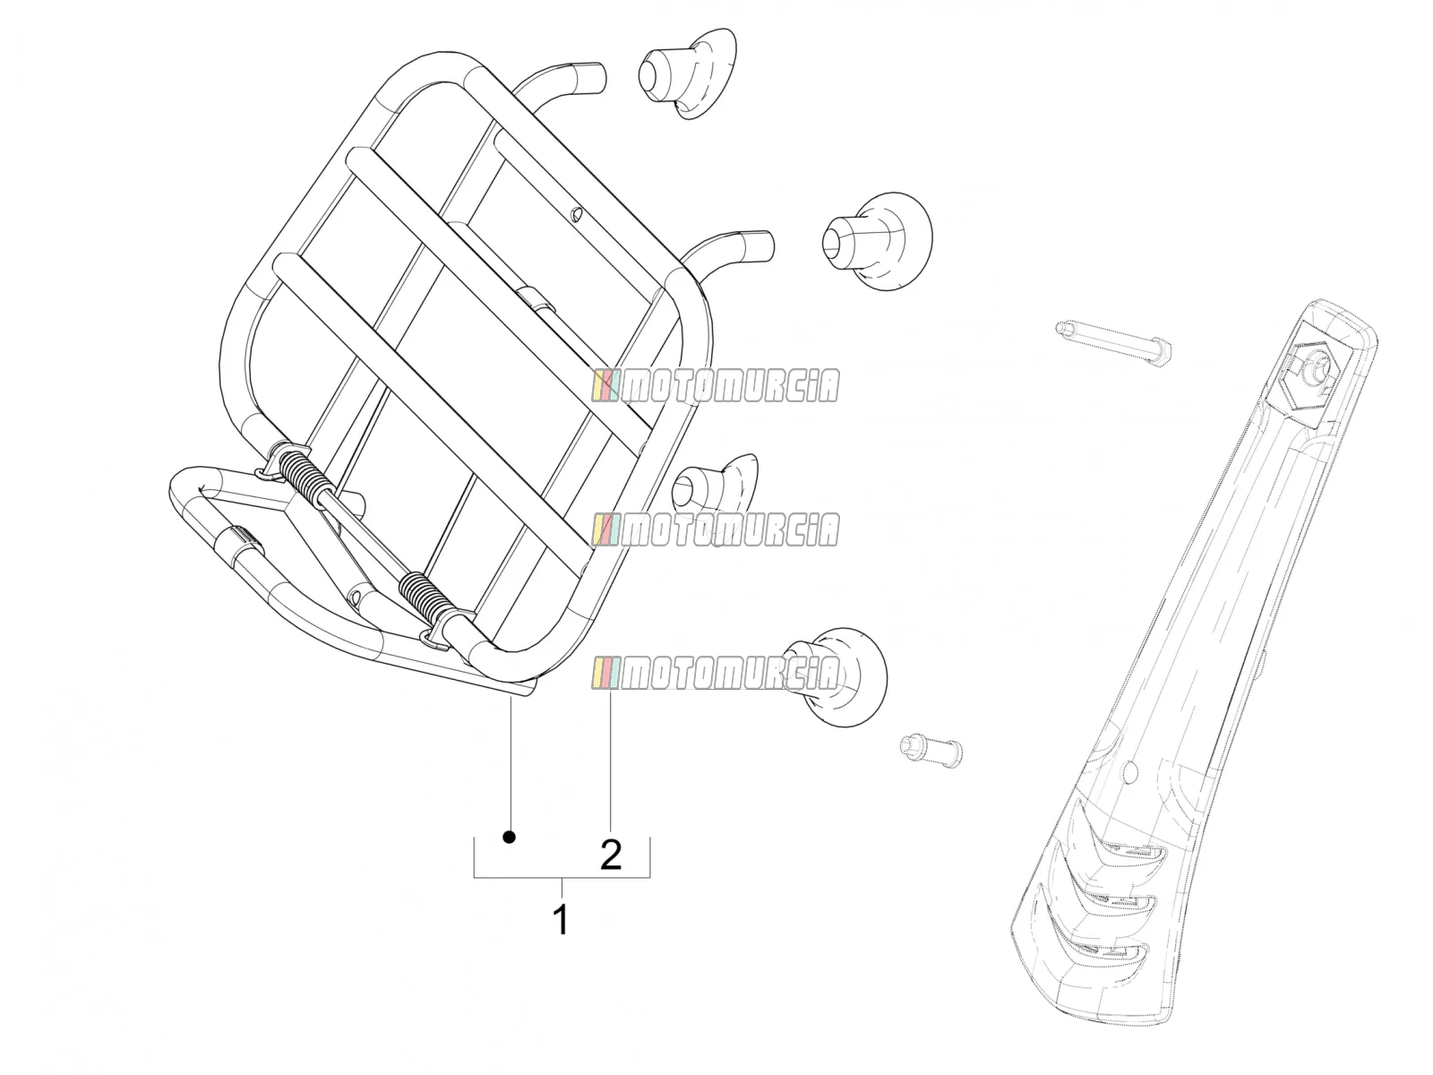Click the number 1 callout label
[x=561, y=919]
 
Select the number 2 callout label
[x=611, y=855]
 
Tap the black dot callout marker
[x=510, y=836]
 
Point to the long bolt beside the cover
[x=1113, y=343]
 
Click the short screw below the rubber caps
[x=931, y=749]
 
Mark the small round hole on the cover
[x=1131, y=772]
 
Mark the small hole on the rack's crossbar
[x=576, y=213]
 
